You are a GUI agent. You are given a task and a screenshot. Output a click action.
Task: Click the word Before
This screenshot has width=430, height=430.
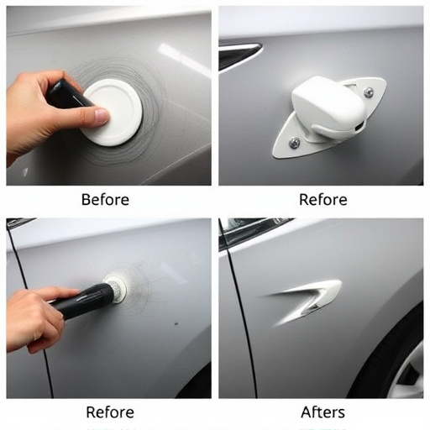point(105,200)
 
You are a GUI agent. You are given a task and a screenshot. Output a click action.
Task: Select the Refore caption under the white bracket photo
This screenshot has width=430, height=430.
point(322,200)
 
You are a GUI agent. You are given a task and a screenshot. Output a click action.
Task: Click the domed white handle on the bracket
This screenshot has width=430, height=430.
point(328,109)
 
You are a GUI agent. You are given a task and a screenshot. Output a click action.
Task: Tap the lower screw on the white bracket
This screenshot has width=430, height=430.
point(294,143)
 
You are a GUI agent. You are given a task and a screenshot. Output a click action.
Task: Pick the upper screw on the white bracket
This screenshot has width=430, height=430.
point(368,92)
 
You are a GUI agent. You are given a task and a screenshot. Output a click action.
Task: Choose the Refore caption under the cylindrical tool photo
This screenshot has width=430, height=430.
point(110,412)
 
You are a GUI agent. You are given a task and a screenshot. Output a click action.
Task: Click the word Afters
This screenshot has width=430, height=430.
point(323,412)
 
